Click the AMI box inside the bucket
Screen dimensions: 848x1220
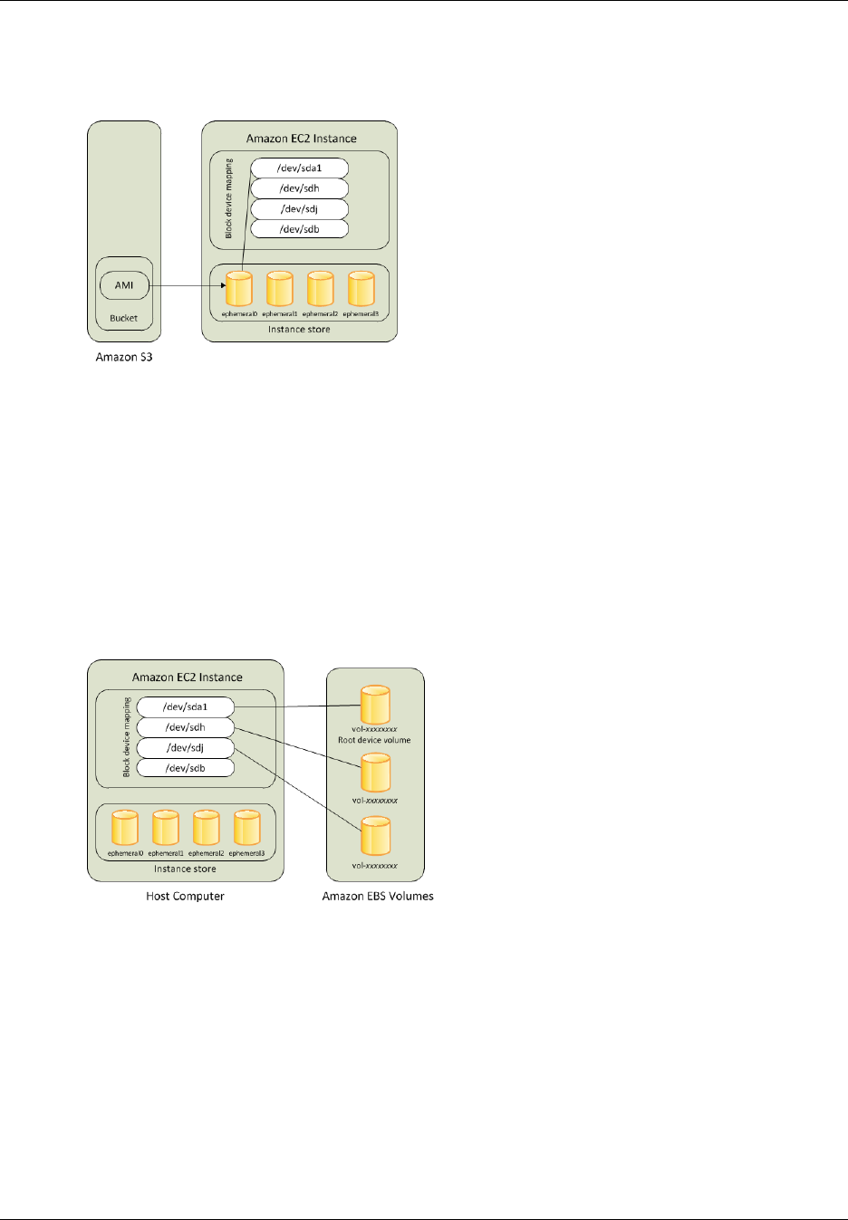124,285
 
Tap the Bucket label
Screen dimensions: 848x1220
124,318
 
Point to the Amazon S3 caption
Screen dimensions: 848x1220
124,357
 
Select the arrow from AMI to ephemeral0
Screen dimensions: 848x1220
186,286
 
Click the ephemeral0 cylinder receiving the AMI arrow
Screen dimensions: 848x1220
239,289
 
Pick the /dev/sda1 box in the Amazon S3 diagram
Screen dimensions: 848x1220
299,168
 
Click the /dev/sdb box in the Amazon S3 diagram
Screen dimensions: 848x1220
299,229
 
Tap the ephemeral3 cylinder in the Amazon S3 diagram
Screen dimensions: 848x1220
361,289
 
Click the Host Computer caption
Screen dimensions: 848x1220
185,896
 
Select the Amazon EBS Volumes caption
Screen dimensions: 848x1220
378,896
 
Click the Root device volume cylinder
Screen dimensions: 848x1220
375,705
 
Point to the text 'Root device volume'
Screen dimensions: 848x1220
374,740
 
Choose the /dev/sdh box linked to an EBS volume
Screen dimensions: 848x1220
185,727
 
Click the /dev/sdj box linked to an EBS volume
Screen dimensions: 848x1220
185,747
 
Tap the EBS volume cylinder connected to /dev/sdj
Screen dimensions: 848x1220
375,837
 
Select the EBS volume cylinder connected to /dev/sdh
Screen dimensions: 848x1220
375,773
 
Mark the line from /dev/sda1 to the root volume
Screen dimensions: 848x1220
297,706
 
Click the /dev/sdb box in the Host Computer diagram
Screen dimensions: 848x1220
185,768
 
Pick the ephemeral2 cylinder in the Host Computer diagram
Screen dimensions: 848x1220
206,828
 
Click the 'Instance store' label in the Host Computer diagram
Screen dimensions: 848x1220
185,869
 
